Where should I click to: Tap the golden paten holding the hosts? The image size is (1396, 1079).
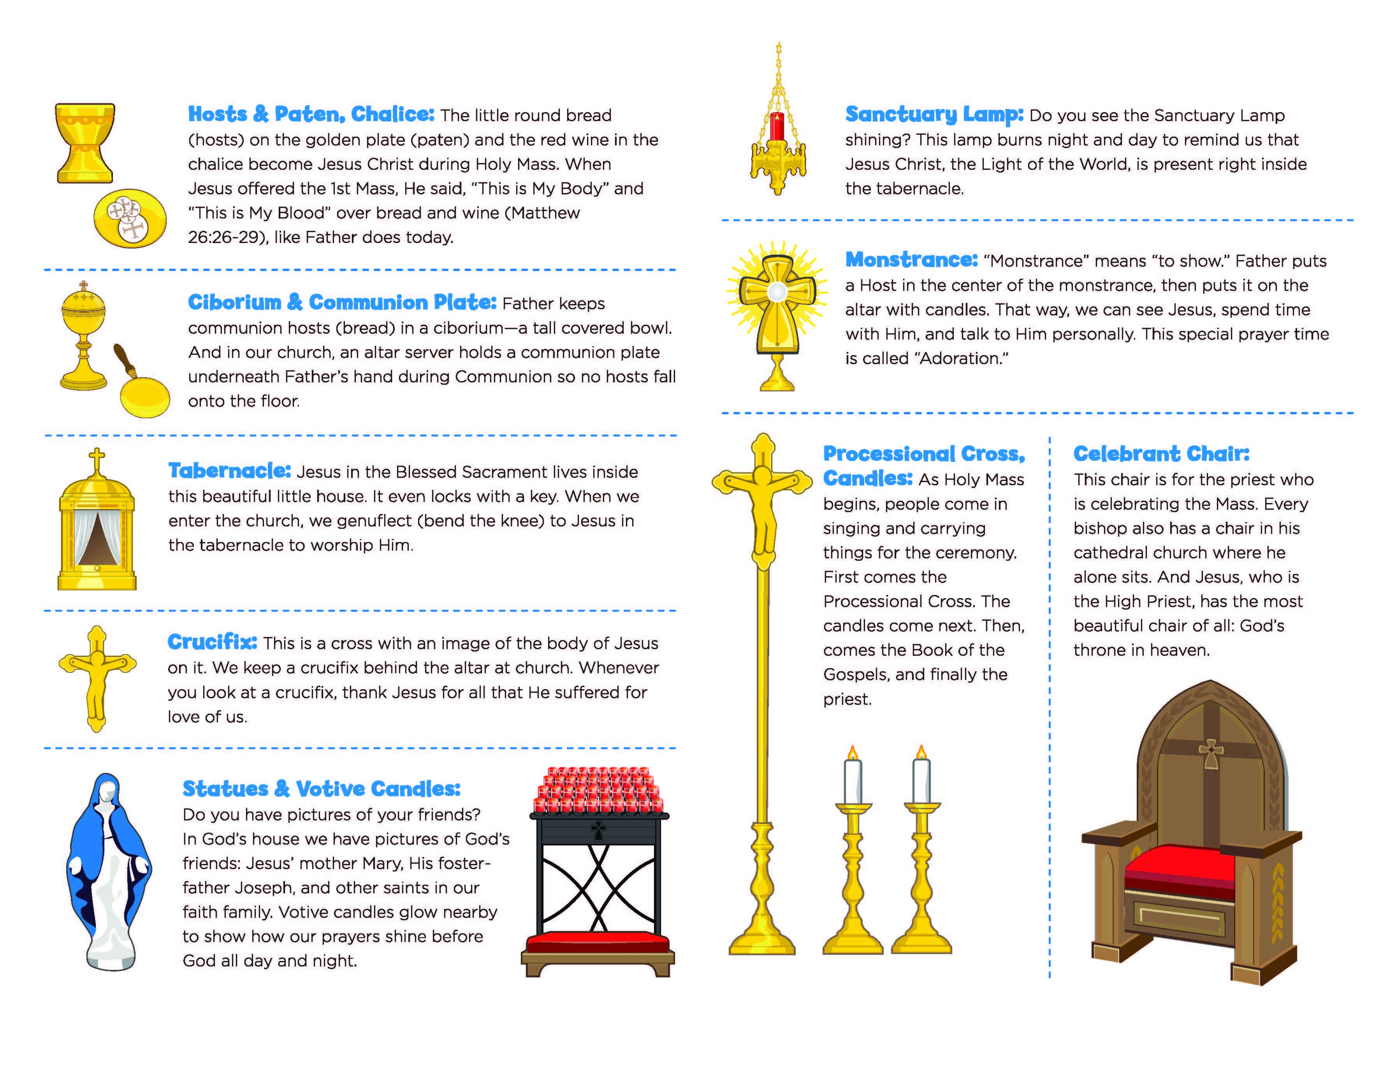pos(130,218)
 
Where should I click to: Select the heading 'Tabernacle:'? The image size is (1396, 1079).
pos(229,471)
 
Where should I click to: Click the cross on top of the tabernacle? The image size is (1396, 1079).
pos(97,459)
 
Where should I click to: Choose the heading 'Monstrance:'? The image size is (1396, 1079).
pos(911,260)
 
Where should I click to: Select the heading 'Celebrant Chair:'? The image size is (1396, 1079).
pos(1161,454)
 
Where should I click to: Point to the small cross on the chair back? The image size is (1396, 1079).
pos(1210,753)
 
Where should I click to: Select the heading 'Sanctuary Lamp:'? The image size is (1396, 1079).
pos(934,114)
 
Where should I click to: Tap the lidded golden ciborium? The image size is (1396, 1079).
pos(83,333)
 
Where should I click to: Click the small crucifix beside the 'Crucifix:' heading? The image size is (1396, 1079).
pos(97,678)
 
